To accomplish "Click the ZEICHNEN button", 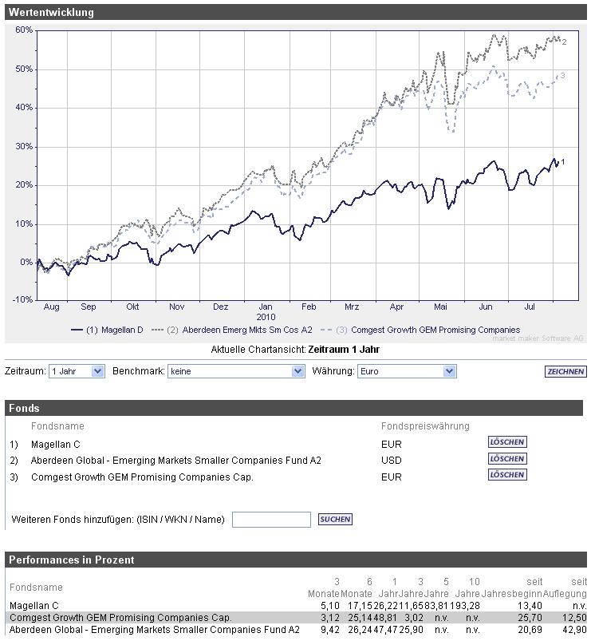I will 565,372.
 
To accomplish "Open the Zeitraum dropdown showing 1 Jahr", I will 77,371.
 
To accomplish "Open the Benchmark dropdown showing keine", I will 236,371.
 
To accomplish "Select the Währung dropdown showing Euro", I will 406,371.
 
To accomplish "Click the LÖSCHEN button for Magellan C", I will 507,442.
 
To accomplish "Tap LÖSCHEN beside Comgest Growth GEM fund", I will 507,475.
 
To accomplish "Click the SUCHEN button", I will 335,520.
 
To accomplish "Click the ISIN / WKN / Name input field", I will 271,520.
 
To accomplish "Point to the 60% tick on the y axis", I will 24,30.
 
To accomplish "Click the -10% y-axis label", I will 23,300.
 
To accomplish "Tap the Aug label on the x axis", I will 51,307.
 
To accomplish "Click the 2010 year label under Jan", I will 266,317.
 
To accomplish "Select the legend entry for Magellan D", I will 108,330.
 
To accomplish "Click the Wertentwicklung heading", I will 51,12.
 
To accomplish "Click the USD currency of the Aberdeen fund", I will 392,461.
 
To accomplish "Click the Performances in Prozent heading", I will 72,560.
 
